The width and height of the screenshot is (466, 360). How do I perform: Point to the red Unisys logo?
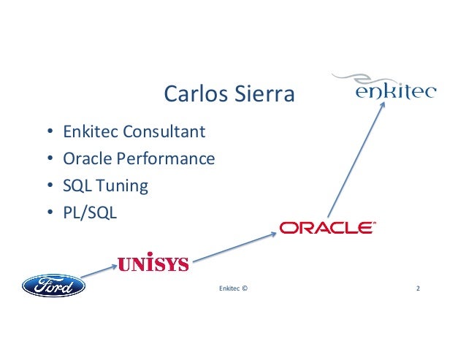click(x=153, y=263)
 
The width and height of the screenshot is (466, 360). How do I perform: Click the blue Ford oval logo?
click(x=53, y=285)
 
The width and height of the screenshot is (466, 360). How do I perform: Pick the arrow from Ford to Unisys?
click(x=99, y=271)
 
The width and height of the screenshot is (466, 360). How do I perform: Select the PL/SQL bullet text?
click(x=85, y=212)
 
